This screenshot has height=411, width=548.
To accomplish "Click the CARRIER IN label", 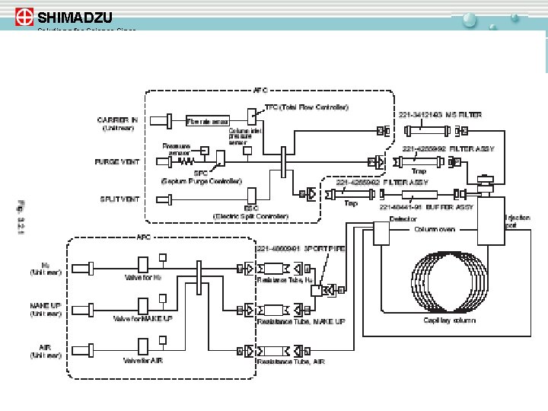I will [x=117, y=119].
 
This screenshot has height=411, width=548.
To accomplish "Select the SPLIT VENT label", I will [x=119, y=199].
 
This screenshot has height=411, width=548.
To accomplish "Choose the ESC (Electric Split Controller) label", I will [x=250, y=212].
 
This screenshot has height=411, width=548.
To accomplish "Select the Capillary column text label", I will [x=450, y=320].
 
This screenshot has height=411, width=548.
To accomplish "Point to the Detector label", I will [x=403, y=219].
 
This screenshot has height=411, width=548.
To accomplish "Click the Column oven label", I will [x=435, y=229].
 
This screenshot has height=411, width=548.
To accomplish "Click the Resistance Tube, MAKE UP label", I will [x=301, y=321].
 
